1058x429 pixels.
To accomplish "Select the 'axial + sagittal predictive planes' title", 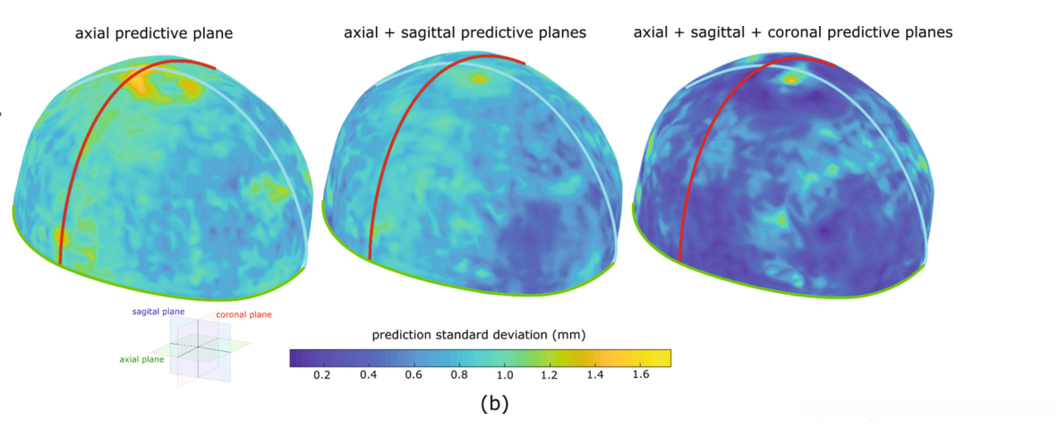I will click(x=465, y=33).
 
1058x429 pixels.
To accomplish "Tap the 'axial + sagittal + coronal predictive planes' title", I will click(x=793, y=32).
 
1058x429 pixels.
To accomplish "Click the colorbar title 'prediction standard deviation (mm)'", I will click(x=478, y=335).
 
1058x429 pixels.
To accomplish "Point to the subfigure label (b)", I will click(x=494, y=403).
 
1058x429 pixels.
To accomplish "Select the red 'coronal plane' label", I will click(x=243, y=315).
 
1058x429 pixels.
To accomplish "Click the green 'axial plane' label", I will click(x=141, y=359).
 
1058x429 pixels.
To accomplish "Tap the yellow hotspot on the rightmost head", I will click(x=790, y=80).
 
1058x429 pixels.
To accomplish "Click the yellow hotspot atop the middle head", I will click(x=480, y=79).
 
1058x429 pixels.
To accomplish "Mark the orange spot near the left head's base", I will click(x=62, y=237).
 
